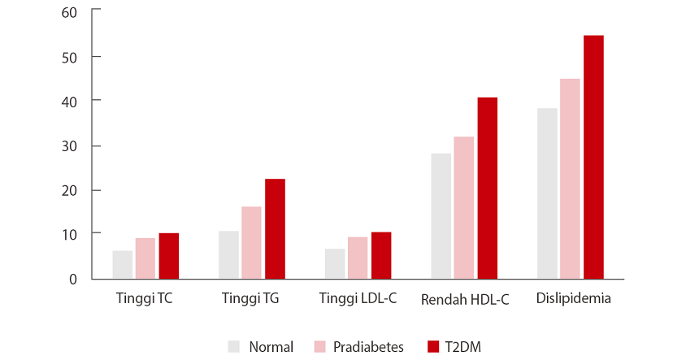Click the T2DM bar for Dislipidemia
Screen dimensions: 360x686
(593, 157)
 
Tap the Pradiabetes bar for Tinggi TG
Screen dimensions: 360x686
(251, 243)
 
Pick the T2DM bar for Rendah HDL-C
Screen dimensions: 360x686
(487, 188)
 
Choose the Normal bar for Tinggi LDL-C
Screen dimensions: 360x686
(335, 264)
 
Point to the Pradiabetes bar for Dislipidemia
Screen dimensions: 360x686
(570, 179)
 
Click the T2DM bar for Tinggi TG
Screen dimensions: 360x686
(275, 229)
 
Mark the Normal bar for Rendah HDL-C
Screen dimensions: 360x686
(441, 216)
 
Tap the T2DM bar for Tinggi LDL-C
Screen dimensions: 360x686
(381, 256)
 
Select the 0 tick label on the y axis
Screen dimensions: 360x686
(73, 279)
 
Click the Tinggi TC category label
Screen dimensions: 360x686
(145, 298)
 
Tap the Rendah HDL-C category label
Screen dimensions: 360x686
(465, 300)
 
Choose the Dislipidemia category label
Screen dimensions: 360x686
(574, 298)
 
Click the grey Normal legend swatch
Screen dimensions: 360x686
(235, 346)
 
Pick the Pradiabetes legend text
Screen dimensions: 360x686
(368, 347)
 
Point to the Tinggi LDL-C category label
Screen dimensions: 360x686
(358, 298)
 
